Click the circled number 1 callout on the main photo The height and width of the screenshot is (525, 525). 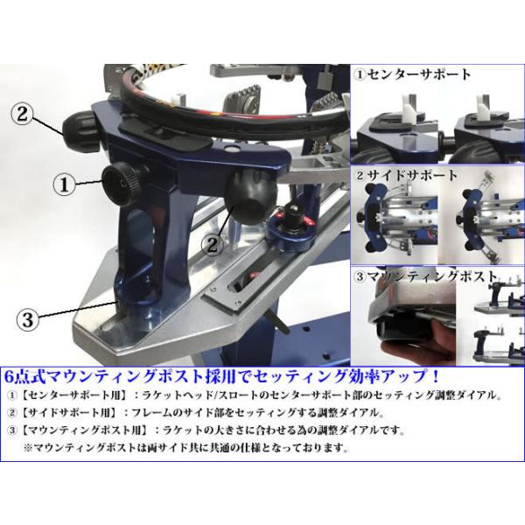pos(64,185)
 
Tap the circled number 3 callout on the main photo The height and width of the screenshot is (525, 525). pos(28,319)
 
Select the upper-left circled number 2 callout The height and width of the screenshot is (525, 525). pos(23,114)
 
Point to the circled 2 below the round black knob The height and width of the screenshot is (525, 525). pos(213,245)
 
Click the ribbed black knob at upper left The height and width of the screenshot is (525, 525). pos(80,129)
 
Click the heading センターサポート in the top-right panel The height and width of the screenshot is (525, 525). pos(413,74)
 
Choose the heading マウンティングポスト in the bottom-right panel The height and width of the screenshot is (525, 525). pos(425,276)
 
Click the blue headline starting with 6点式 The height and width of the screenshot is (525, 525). pos(222,377)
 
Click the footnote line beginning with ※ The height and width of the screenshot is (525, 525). pos(185,448)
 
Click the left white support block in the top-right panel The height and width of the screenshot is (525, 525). pos(409,111)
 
